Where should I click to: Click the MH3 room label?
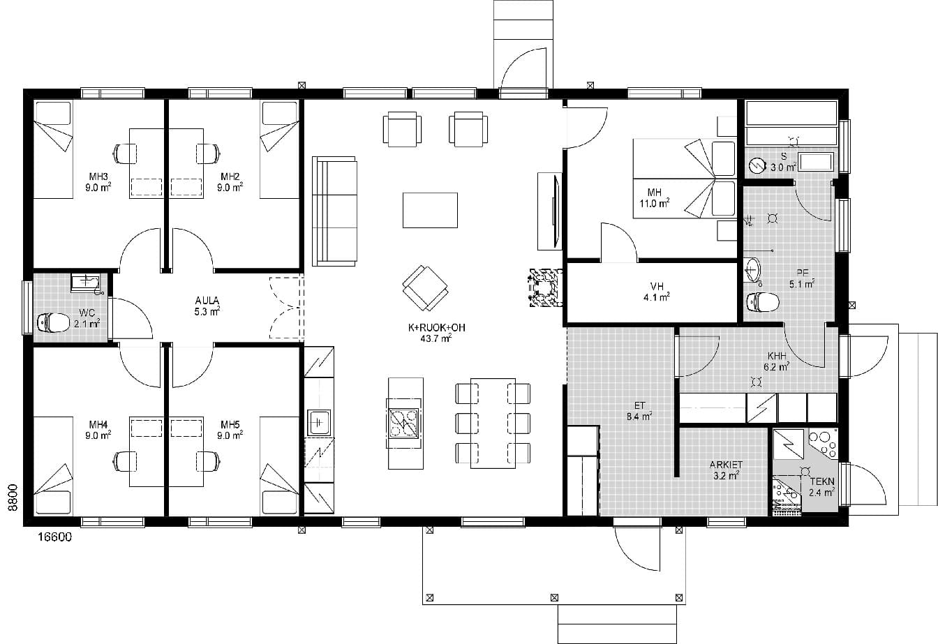point(98,177)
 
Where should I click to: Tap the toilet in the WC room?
point(54,322)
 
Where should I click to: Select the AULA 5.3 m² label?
point(207,306)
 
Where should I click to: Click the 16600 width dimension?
point(55,537)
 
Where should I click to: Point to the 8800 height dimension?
point(13,497)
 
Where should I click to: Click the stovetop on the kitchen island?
point(404,423)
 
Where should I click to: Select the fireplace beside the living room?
point(546,287)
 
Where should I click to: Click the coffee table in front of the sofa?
point(430,210)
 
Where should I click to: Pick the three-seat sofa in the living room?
point(334,211)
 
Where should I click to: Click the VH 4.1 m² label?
point(657,292)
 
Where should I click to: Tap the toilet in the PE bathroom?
point(764,302)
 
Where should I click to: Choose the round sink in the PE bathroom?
point(752,269)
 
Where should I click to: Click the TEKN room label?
point(822,481)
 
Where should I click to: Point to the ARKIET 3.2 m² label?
point(726,470)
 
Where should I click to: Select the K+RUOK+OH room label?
point(437,327)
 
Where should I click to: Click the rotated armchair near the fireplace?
point(425,288)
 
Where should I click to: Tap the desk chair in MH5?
point(209,461)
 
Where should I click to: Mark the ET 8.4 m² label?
point(639,411)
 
